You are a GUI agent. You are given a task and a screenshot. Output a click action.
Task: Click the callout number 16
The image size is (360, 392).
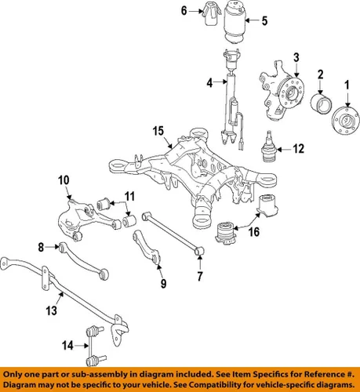tap(253, 232)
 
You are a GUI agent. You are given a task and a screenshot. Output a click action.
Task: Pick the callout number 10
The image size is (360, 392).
tap(63, 180)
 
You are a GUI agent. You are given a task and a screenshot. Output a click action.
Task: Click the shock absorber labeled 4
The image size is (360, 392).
tap(232, 110)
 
